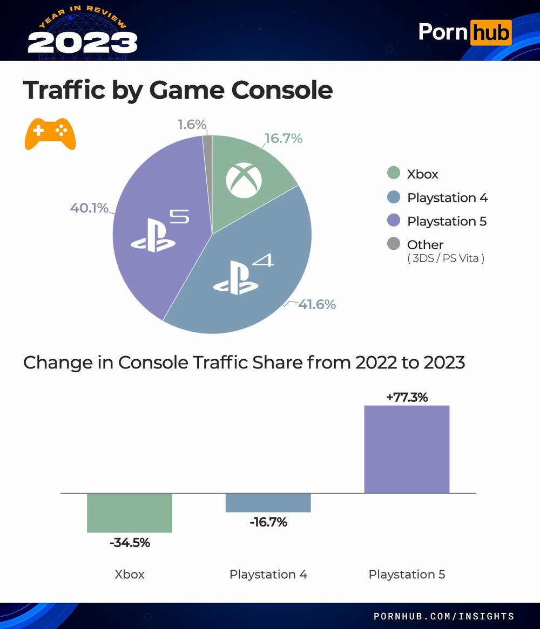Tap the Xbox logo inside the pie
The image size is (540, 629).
(244, 179)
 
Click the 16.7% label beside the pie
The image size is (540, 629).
(283, 139)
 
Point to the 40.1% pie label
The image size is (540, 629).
(89, 208)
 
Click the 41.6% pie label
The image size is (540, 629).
(317, 304)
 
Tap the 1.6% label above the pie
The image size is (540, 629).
(192, 125)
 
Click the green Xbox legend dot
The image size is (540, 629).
(394, 173)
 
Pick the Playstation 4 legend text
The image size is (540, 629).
(447, 197)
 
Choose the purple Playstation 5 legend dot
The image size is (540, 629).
(394, 221)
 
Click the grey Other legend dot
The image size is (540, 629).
(394, 244)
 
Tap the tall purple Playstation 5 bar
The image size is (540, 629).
(407, 449)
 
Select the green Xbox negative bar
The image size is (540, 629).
(130, 512)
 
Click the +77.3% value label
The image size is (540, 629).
(407, 398)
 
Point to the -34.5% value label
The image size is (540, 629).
(130, 543)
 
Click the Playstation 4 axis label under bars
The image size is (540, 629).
(268, 574)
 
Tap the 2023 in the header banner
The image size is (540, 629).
(82, 42)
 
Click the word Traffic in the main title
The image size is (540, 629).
(64, 90)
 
